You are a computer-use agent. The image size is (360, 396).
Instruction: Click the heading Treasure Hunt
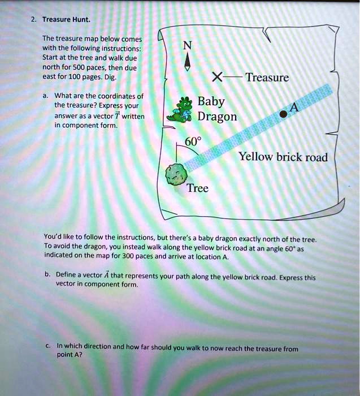[x=67, y=20]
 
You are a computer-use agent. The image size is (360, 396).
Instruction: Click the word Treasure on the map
[x=267, y=78]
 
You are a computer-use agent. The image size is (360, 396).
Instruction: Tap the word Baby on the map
[x=212, y=102]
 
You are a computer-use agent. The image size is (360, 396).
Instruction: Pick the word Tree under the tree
[x=197, y=188]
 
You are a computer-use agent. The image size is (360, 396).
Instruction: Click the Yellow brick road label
[x=283, y=157]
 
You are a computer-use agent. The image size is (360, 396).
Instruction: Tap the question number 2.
[x=33, y=20]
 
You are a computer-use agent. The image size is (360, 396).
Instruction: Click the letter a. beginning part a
[x=46, y=96]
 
